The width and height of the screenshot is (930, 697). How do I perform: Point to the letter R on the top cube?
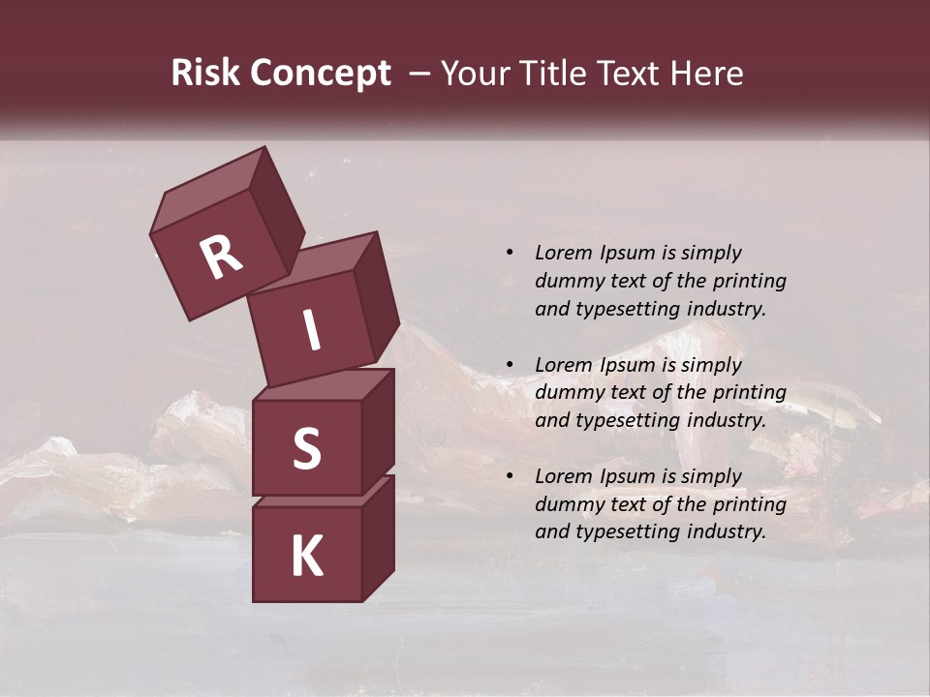tap(221, 257)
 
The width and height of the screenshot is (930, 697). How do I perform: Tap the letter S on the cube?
tap(306, 448)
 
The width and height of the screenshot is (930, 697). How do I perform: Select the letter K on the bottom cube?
tap(306, 557)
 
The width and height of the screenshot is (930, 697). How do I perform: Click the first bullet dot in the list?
tap(510, 253)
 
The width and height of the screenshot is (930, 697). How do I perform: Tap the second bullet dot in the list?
tap(510, 365)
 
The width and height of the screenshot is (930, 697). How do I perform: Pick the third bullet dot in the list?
tap(510, 476)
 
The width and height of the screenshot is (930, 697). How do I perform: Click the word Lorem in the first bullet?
tap(563, 253)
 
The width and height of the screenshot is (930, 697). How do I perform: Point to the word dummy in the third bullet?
tap(565, 504)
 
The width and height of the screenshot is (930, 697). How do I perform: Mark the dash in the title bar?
tap(420, 75)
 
